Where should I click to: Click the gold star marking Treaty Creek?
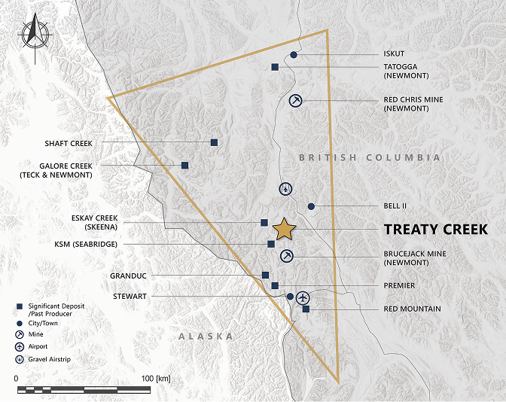pos(284,228)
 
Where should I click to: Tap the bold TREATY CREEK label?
pos(435,229)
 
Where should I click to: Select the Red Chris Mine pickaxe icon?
pos(296,100)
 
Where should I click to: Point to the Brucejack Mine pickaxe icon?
pos(286,257)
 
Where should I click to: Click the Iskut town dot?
pos(294,55)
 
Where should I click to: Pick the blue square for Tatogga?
pos(276,67)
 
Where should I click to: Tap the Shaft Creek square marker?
pos(215,142)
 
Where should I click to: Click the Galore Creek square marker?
pos(185,165)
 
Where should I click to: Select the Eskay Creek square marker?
pos(264,222)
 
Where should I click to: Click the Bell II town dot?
pos(311,206)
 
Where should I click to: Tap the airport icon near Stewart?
pos(303,297)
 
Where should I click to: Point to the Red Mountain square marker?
pos(306,309)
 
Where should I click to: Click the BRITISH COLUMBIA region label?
pos(369,158)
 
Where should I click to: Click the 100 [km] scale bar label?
pos(155,377)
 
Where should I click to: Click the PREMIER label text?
pos(399,285)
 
